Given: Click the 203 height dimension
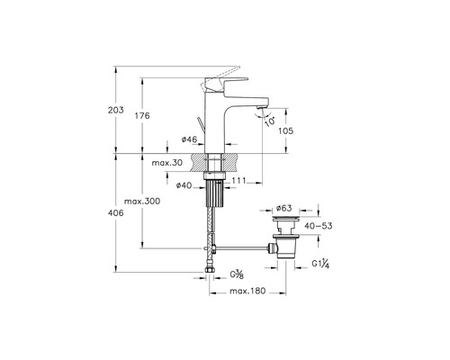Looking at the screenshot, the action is point(116,110).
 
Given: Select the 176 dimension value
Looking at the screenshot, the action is point(142,115).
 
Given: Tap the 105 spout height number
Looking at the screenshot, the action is point(286,130).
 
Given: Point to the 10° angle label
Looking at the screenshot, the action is point(270,121).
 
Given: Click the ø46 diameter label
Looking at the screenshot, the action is point(190,139).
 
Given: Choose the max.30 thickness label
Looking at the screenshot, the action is point(167,163).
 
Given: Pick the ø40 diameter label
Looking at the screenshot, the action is point(184,185).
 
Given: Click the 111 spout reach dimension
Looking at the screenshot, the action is point(239,181).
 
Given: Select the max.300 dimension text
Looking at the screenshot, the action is point(142,201).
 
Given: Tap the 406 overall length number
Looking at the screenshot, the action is point(116,213).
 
